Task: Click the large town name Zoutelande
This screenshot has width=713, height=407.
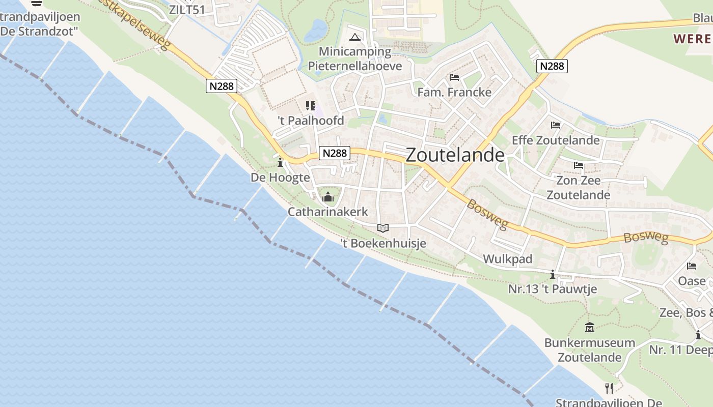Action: point(455,155)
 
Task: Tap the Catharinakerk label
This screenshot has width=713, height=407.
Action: point(327,212)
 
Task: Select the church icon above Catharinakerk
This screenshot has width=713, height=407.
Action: point(328,197)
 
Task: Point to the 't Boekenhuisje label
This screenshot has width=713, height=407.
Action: point(383,243)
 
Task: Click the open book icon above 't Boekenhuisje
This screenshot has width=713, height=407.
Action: point(383,228)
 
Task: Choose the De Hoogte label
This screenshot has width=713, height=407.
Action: point(280,178)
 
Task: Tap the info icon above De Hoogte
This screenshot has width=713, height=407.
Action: point(280,163)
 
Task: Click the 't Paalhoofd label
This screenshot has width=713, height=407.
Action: point(311,121)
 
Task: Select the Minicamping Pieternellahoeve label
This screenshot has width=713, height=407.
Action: point(355,59)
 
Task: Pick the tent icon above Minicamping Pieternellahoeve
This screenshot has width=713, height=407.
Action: point(355,37)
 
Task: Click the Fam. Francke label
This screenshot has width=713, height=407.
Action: point(454,92)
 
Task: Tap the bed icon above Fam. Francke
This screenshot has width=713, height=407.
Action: point(454,77)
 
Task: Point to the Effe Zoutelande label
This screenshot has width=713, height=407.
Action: point(556,140)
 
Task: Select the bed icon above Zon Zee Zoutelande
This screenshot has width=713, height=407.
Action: point(578,165)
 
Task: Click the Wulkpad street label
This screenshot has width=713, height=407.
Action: point(507,259)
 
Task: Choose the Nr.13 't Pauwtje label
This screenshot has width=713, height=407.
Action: point(553,289)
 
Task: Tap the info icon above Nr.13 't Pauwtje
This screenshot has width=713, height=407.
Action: point(553,275)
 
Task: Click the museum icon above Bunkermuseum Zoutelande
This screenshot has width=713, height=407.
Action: point(590,328)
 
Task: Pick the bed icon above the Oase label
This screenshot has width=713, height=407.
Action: point(692,266)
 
